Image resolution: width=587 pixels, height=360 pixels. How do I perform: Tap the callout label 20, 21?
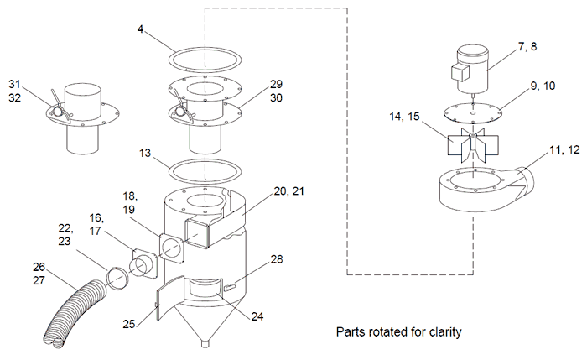[x=289, y=192]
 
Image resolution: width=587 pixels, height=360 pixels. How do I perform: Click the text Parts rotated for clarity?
[x=398, y=331]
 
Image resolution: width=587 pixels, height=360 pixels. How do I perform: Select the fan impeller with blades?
[x=472, y=147]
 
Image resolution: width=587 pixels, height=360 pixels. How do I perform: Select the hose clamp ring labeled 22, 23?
[x=118, y=277]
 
